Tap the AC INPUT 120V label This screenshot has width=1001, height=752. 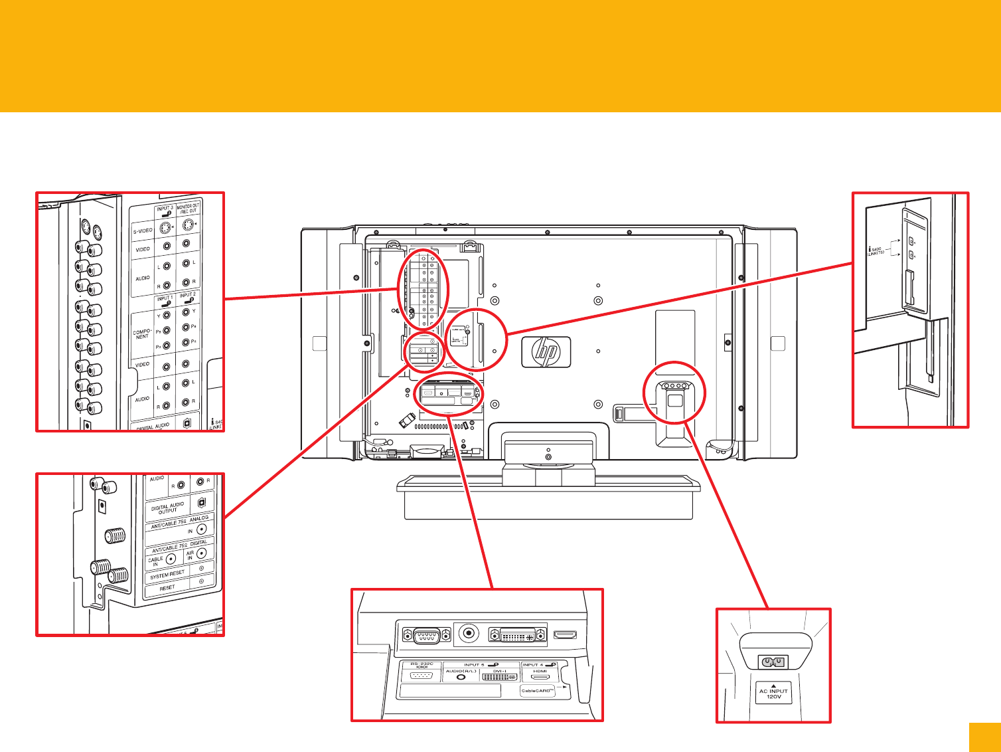pyautogui.click(x=773, y=694)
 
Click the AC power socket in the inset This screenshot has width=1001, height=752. pyautogui.click(x=773, y=662)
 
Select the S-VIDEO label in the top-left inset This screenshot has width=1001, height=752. pyautogui.click(x=143, y=231)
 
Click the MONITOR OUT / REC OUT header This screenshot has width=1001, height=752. pyautogui.click(x=188, y=208)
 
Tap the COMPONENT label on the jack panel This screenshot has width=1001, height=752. pyautogui.click(x=143, y=333)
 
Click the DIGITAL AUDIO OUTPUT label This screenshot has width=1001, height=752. pyautogui.click(x=167, y=508)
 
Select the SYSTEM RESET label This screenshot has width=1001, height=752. pyautogui.click(x=167, y=574)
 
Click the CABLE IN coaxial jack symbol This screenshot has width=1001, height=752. pyautogui.click(x=171, y=558)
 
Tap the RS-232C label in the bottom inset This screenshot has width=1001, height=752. pyautogui.click(x=422, y=664)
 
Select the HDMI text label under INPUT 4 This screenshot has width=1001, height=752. pyautogui.click(x=540, y=671)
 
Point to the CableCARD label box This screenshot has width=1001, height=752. pyautogui.click(x=538, y=691)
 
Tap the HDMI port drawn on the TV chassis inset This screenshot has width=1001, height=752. pyautogui.click(x=565, y=635)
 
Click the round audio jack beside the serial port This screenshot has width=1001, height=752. pyautogui.click(x=470, y=634)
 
